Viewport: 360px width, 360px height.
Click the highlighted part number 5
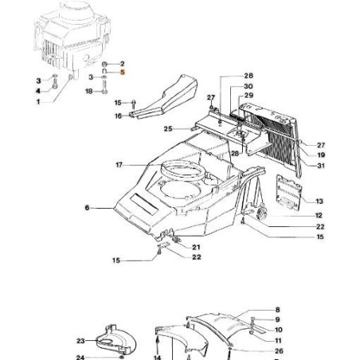[x=122, y=72]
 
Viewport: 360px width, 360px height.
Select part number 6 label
[x=86, y=209]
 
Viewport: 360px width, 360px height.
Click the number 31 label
[x=321, y=165]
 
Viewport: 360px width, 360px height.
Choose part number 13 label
[x=319, y=202]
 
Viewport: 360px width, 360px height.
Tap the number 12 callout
[x=319, y=216]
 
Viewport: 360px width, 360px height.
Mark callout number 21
[x=195, y=247]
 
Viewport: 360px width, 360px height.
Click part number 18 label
[x=89, y=92]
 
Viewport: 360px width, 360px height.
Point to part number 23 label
[x=80, y=341]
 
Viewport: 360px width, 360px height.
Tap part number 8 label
[x=277, y=309]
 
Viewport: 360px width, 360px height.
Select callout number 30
[x=248, y=86]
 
